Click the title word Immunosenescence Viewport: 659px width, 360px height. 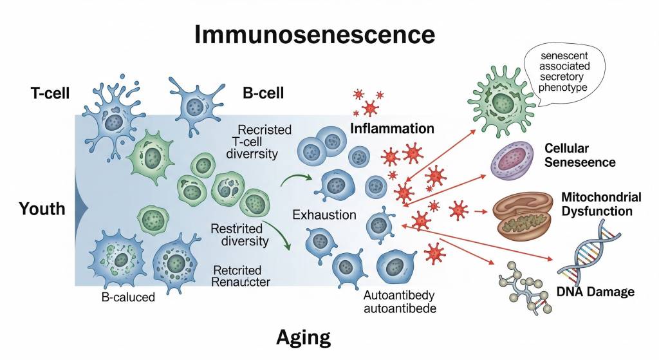[315, 33]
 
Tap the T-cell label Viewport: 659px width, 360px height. [50, 93]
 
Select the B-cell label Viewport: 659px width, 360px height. [263, 93]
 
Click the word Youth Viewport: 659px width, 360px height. [42, 208]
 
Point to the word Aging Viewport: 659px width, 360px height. [303, 336]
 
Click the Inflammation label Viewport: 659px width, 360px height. [392, 128]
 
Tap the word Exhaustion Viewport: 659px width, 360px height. [324, 214]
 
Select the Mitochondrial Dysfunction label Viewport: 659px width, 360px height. [601, 204]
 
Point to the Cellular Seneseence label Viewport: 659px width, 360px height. [579, 155]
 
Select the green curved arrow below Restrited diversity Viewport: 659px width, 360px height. [281, 235]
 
